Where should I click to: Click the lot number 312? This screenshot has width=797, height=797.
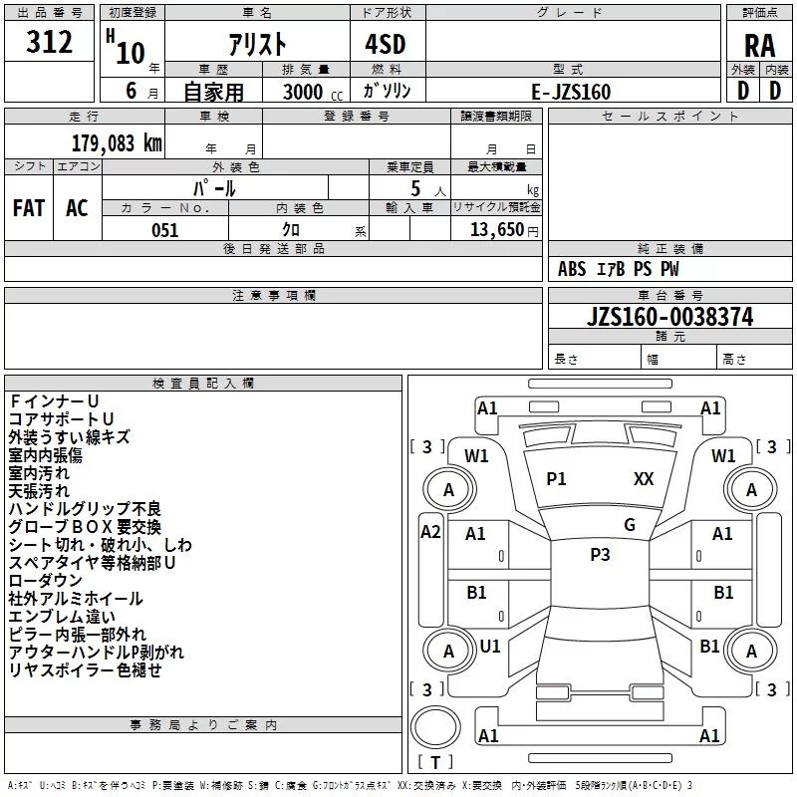(51, 43)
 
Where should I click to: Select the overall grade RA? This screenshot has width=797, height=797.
(759, 46)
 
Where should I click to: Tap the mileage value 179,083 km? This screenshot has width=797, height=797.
(117, 142)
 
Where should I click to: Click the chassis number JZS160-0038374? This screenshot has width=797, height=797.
(669, 318)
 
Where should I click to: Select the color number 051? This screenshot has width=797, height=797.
(164, 230)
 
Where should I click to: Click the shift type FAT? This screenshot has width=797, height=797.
(28, 208)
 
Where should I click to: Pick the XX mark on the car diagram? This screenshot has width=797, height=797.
(644, 479)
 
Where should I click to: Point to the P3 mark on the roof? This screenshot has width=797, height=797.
(600, 555)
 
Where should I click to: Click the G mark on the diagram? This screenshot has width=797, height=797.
(630, 525)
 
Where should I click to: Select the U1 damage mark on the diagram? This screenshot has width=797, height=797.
(490, 647)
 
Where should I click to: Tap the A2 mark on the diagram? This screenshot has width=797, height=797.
(430, 532)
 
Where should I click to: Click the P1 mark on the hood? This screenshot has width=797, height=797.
(556, 479)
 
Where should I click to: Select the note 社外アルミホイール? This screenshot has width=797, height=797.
(76, 599)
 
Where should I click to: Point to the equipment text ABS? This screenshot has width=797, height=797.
(572, 269)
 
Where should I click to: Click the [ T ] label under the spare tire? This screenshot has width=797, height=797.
(435, 763)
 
